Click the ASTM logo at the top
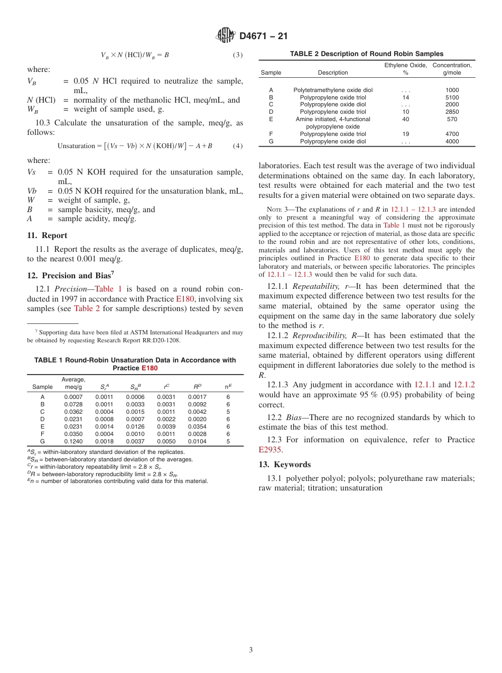[226, 36]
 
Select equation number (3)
[238, 55]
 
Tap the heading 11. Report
[47, 235]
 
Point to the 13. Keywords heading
[284, 465]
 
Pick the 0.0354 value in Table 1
[197, 426]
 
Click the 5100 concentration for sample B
[452, 97]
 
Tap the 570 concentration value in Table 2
[452, 119]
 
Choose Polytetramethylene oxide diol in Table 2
[333, 90]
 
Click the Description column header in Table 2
[333, 72]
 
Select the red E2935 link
[269, 450]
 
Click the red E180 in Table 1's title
[149, 368]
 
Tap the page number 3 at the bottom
[251, 650]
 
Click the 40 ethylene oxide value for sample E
[405, 119]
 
